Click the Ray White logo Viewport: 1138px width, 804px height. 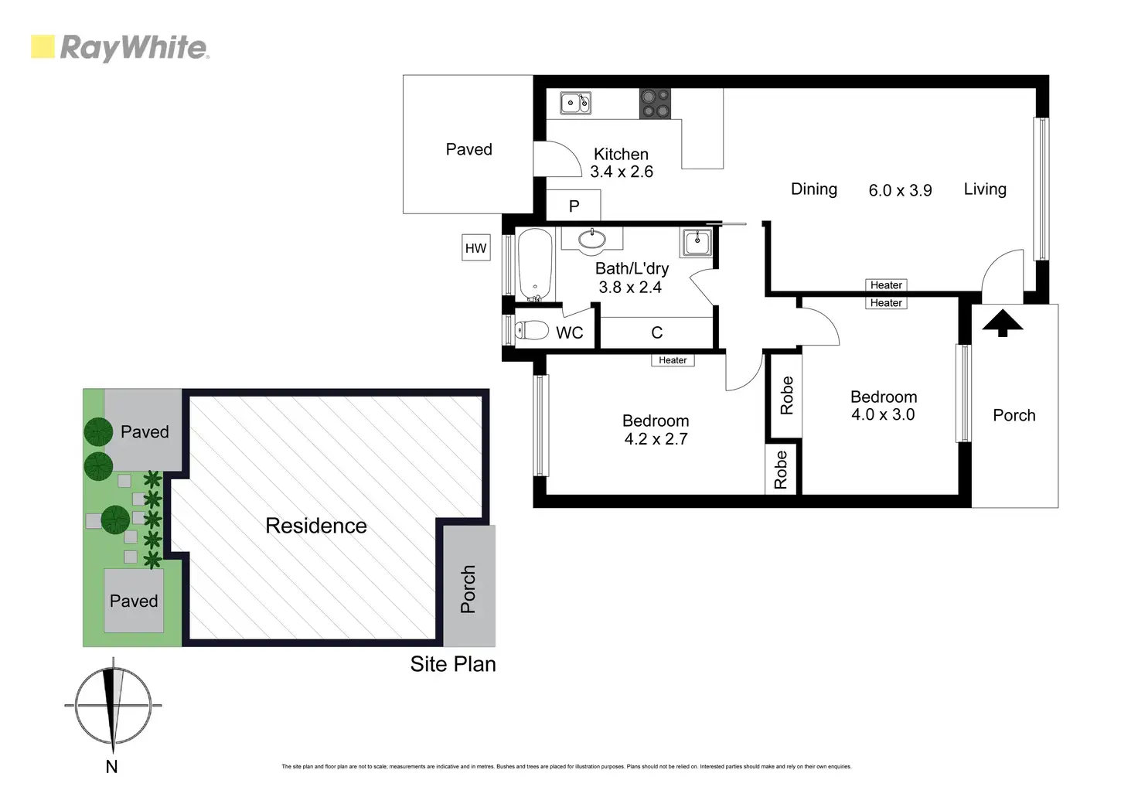click(x=120, y=47)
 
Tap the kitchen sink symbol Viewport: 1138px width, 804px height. click(x=575, y=103)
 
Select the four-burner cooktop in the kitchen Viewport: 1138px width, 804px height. click(x=655, y=104)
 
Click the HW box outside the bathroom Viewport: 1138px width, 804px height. click(x=475, y=248)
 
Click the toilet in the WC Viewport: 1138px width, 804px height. click(x=531, y=331)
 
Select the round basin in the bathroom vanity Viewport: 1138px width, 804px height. click(x=592, y=240)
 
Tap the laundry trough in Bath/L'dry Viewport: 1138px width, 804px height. click(x=697, y=242)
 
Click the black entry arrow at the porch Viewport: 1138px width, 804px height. click(x=1002, y=323)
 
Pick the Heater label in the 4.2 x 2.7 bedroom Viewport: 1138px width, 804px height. click(x=673, y=360)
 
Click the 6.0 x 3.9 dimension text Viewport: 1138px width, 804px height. click(x=900, y=190)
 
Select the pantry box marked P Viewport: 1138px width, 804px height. click(x=574, y=206)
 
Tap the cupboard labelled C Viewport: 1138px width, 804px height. click(x=656, y=333)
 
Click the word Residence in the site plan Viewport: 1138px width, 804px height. click(x=315, y=526)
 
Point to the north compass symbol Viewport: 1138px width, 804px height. click(x=114, y=705)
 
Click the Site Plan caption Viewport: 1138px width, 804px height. click(x=452, y=664)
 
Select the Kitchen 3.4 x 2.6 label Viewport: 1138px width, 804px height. click(x=621, y=163)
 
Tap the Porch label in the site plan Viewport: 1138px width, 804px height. click(x=468, y=589)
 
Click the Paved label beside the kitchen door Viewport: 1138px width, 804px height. click(x=468, y=149)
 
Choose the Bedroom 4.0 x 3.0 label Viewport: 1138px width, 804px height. click(x=883, y=406)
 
